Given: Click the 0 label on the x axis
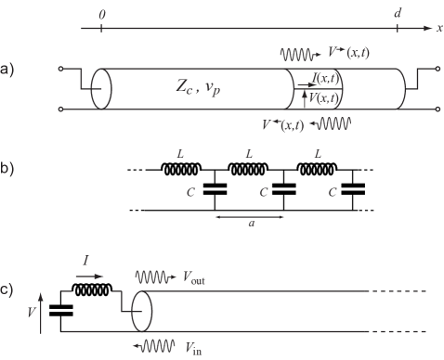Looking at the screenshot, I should (101, 16).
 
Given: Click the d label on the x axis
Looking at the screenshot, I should (398, 16).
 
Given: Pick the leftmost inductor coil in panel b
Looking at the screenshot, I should (181, 171).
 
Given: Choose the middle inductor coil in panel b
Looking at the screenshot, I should (249, 171).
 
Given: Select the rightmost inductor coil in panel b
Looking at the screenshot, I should (317, 171).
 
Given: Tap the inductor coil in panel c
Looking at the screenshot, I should (93, 289).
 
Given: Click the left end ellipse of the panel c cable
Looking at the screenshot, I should (142, 311).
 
